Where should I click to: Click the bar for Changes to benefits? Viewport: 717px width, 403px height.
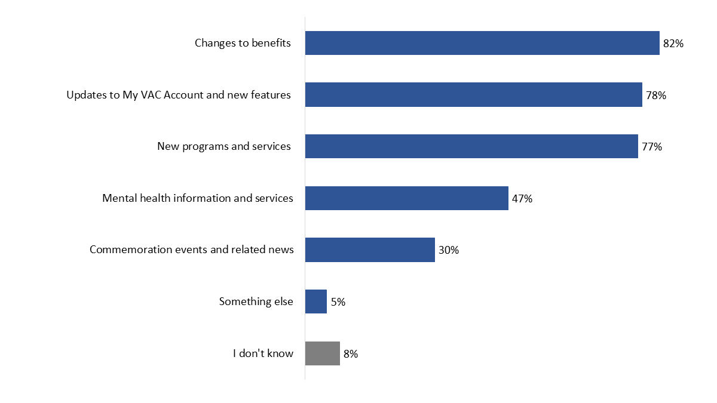pos(482,43)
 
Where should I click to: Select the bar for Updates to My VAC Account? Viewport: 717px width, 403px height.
pos(473,95)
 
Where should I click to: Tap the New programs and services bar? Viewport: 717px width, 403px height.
pos(471,146)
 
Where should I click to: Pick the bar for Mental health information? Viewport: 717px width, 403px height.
pos(406,198)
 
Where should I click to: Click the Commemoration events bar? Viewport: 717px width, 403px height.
pos(370,250)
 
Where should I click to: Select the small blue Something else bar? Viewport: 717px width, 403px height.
pos(316,302)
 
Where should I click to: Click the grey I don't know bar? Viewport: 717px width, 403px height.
pos(323,353)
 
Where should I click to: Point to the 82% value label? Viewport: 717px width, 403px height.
pos(673,44)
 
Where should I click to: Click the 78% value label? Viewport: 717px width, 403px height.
pos(655,95)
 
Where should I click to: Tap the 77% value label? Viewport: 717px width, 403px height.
pos(651,147)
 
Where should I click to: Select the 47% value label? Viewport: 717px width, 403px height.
pos(522,198)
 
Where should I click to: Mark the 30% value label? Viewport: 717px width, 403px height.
pos(448,250)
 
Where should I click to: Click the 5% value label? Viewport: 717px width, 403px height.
pos(338,302)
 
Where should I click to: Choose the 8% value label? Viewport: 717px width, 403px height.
pos(351,354)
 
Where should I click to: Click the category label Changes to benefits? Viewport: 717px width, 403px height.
pos(243,43)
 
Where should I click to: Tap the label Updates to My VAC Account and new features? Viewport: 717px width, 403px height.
pos(179,95)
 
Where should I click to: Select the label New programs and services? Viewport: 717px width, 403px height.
pos(224,146)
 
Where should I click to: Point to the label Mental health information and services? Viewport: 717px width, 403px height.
pos(198,198)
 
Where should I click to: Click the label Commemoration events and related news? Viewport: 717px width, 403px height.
pos(192,250)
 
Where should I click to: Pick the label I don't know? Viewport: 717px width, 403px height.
pos(263,353)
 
